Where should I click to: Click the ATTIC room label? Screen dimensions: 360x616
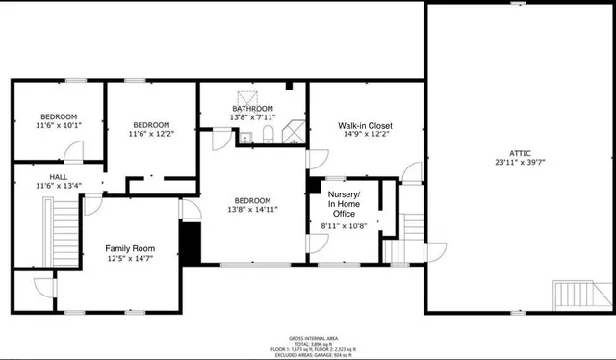pyautogui.click(x=519, y=153)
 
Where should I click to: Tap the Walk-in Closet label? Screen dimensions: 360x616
pyautogui.click(x=364, y=125)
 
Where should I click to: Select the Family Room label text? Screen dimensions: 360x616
pyautogui.click(x=130, y=248)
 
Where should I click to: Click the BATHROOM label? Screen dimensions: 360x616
pyautogui.click(x=252, y=109)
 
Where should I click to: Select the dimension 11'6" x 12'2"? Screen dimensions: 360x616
pyautogui.click(x=151, y=134)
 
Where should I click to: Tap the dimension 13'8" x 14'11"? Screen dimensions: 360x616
pyautogui.click(x=253, y=209)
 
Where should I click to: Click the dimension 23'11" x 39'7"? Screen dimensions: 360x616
pyautogui.click(x=519, y=163)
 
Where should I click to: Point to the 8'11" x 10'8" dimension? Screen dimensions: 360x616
pyautogui.click(x=344, y=225)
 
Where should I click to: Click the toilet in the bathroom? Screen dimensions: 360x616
pyautogui.click(x=270, y=134)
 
